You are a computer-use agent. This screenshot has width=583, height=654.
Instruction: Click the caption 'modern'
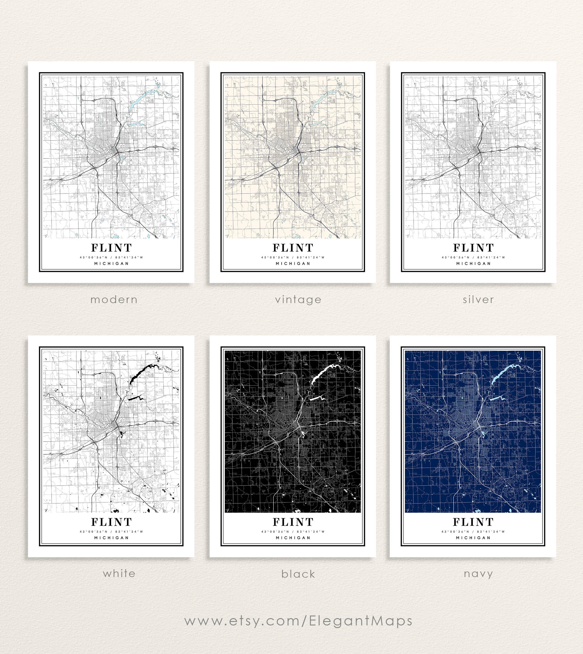click(114, 300)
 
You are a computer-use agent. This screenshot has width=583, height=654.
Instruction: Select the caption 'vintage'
click(298, 300)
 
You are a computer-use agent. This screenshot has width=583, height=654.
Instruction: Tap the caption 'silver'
click(478, 300)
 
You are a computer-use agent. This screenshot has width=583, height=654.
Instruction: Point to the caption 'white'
click(119, 573)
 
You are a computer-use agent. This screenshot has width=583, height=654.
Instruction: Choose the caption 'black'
click(298, 574)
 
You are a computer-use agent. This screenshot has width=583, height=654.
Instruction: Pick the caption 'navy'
click(478, 574)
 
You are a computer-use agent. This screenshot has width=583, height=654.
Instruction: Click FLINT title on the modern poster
click(111, 247)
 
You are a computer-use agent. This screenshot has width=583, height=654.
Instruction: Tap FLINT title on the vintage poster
click(293, 247)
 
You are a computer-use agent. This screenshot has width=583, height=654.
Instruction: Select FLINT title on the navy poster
click(473, 522)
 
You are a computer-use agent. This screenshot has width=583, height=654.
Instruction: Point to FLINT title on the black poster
click(293, 522)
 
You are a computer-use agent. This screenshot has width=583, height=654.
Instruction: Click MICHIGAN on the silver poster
click(473, 263)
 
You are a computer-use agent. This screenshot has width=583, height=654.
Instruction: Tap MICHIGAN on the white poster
click(111, 538)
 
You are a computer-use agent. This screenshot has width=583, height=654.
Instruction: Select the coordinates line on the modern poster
click(111, 257)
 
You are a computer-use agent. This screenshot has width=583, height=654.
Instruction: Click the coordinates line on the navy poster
click(473, 531)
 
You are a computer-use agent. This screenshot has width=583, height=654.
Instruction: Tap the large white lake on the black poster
click(322, 373)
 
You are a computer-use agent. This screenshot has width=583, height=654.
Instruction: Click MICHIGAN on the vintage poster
click(293, 263)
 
